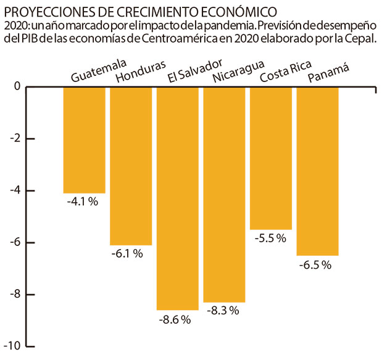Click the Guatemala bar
coord(84,140)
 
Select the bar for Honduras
coord(131,166)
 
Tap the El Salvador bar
coord(177,198)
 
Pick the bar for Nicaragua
coord(224,194)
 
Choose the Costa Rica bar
coord(271,158)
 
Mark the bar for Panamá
coord(317,171)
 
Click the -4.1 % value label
coord(83,201)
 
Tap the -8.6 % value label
coord(175,319)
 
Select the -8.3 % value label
coord(222,311)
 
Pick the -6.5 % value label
coord(315,265)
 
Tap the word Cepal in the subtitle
coord(362,39)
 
